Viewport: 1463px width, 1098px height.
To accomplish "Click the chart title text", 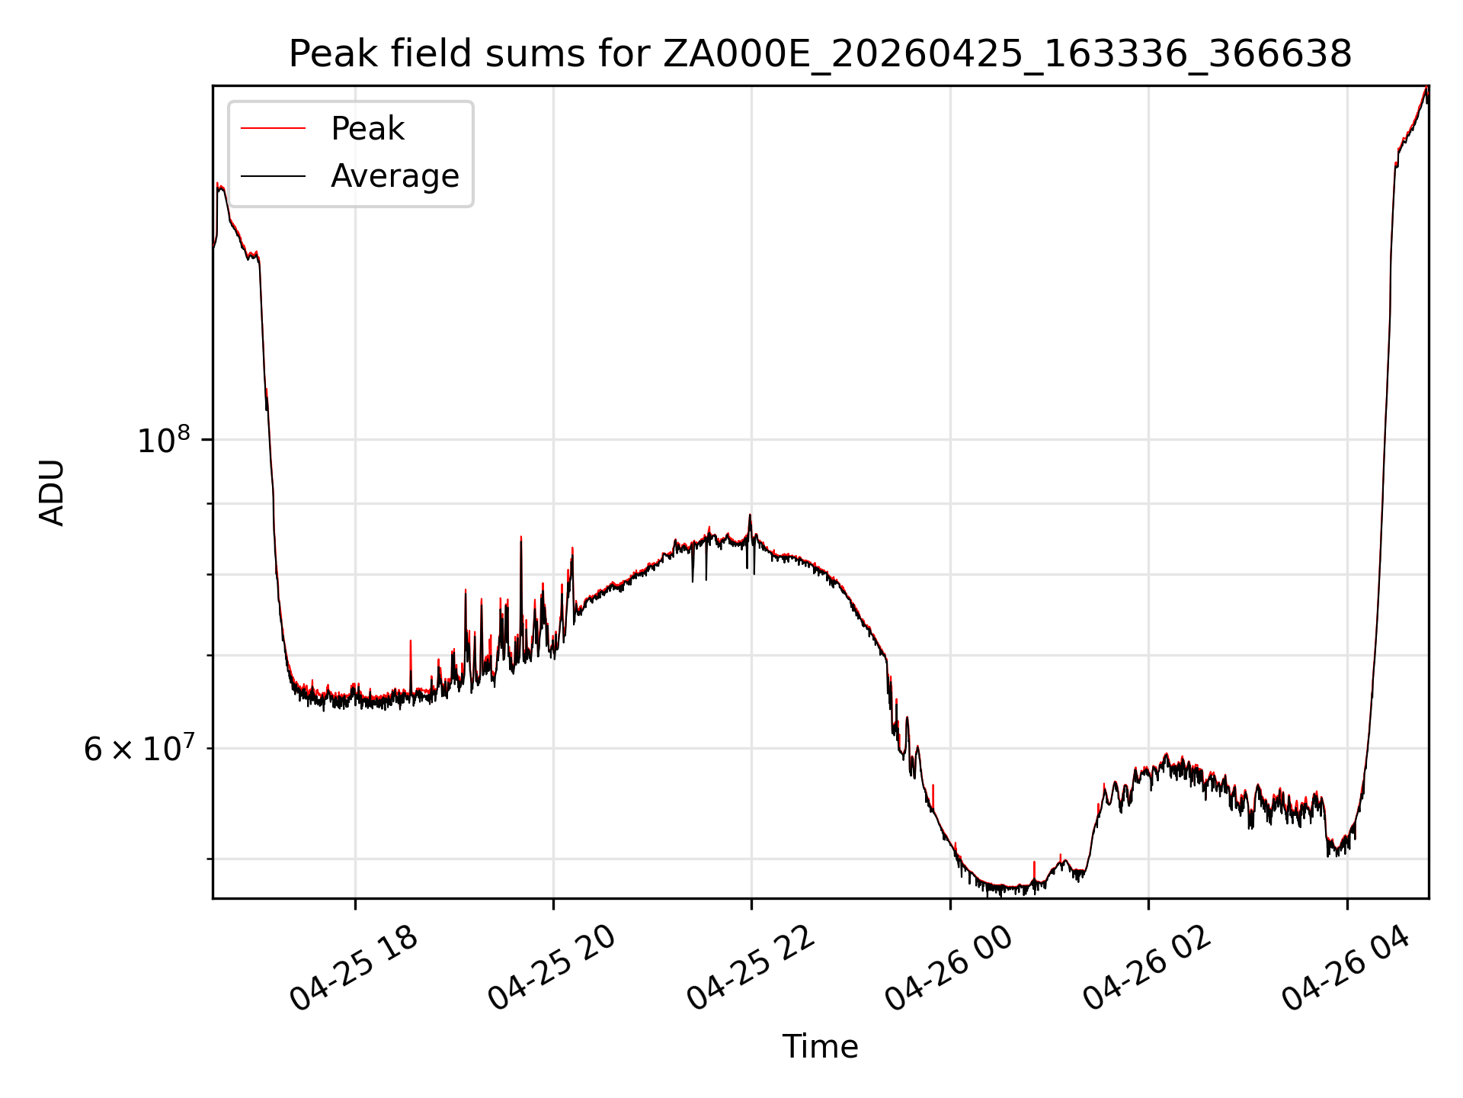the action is point(820,54).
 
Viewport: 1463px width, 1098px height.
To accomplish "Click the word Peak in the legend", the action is point(367,129).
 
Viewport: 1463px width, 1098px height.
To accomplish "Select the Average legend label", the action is point(395,176).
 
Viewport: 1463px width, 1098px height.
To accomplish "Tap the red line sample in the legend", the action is point(273,129).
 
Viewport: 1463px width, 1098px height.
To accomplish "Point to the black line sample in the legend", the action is point(273,176).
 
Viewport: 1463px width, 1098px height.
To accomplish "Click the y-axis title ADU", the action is point(52,492).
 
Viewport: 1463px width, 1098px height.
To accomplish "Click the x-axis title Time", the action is point(820,1047).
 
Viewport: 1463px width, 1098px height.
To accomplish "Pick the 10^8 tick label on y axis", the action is point(163,440).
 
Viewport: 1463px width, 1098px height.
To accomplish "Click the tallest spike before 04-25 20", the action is point(521,538).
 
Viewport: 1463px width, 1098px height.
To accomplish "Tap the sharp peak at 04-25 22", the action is point(750,515).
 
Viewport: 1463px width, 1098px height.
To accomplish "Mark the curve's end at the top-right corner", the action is point(1426,87).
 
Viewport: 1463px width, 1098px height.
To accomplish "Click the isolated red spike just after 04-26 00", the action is point(1034,863).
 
